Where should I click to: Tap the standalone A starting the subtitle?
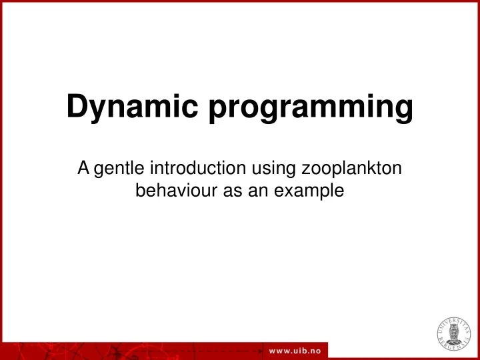(83, 169)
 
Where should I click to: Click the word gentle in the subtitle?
(117, 170)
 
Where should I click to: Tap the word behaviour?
(173, 191)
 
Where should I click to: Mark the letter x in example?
(281, 192)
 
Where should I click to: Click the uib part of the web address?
(297, 351)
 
